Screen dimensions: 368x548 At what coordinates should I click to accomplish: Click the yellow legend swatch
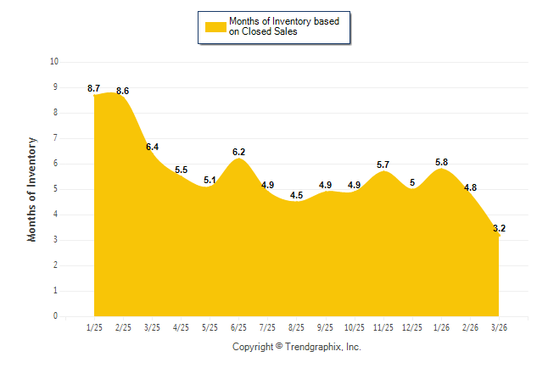pos(215,26)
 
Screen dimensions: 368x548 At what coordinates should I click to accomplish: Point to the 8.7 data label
pos(94,88)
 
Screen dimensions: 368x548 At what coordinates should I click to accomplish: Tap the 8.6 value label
pos(123,91)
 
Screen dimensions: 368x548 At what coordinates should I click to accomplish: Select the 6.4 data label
pos(153,147)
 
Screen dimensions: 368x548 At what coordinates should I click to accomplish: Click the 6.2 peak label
pos(239,152)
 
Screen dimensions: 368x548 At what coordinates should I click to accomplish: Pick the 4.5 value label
pos(296,195)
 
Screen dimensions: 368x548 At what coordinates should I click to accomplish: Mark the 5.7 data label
pos(383,164)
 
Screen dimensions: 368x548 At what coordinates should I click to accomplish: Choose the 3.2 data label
pos(499,228)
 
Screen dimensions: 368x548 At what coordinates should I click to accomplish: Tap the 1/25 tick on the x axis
pos(94,327)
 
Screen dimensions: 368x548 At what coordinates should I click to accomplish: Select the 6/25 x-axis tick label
pos(238,327)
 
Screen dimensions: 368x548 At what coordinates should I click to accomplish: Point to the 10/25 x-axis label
pos(354,327)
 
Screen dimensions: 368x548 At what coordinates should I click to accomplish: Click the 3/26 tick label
pos(498,327)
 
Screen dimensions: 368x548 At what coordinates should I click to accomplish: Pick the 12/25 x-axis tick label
pos(411,327)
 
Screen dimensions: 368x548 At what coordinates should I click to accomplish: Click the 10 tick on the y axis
pos(54,62)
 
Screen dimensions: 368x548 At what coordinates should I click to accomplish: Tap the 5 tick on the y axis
pos(56,189)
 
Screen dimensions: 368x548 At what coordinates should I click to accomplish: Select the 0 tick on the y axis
pos(56,316)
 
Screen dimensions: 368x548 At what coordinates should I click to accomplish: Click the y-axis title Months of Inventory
pos(32,189)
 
